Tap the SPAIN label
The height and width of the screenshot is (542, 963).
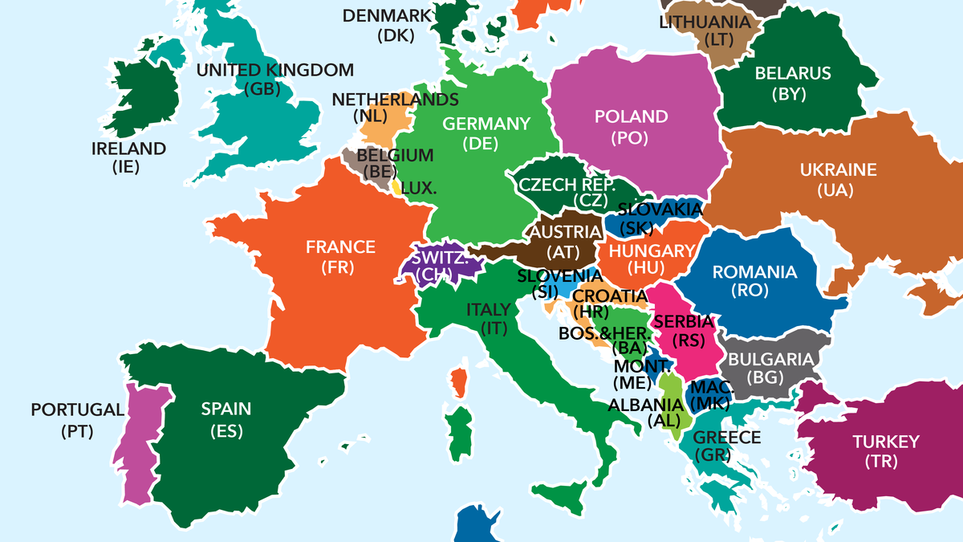pyautogui.click(x=226, y=409)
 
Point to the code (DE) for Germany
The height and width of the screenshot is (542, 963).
pyautogui.click(x=481, y=144)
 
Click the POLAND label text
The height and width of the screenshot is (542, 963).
pyautogui.click(x=631, y=117)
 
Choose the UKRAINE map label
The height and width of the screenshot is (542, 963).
pyautogui.click(x=838, y=170)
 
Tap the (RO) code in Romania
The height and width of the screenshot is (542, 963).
pyautogui.click(x=755, y=291)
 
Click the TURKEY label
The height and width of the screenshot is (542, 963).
pyautogui.click(x=886, y=442)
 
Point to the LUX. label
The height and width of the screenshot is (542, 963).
pyautogui.click(x=419, y=189)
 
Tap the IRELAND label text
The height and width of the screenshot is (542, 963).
pyautogui.click(x=128, y=149)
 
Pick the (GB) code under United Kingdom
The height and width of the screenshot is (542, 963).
pyautogui.click(x=264, y=89)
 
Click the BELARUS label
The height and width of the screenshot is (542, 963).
pyautogui.click(x=793, y=74)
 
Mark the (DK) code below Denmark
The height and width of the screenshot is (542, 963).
pyautogui.click(x=394, y=35)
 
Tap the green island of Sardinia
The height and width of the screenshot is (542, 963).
pyautogui.click(x=461, y=434)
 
